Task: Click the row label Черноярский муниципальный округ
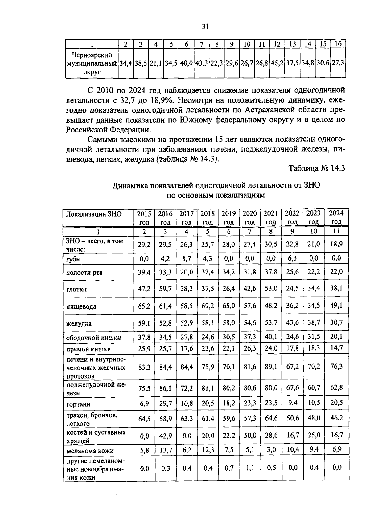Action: click(x=92, y=64)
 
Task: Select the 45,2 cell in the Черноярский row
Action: click(x=277, y=64)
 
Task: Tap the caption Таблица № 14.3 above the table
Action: click(x=316, y=168)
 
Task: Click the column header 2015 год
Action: click(x=144, y=217)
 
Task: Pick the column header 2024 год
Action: click(x=336, y=217)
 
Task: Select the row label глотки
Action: click(x=76, y=290)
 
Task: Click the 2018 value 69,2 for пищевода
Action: click(x=208, y=306)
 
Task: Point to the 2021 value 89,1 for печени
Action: click(x=271, y=367)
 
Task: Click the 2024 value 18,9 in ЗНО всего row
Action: click(x=336, y=244)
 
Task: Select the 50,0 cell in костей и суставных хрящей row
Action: click(x=250, y=436)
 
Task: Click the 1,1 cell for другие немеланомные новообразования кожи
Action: click(x=250, y=468)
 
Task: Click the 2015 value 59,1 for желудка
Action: click(x=144, y=323)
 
